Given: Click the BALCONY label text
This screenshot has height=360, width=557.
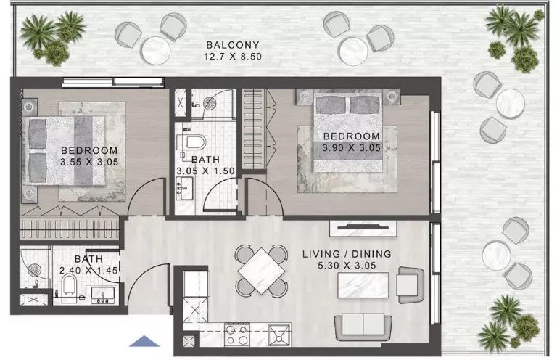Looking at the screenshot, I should (x=233, y=44).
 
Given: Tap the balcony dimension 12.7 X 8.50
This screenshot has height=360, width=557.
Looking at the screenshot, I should (x=233, y=55).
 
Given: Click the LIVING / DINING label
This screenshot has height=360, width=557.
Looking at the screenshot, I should (x=347, y=254).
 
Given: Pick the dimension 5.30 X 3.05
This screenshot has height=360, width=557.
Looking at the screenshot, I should (x=347, y=266).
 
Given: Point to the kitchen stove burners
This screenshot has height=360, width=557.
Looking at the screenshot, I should (x=236, y=335).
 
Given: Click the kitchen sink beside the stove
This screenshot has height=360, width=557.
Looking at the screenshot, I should (x=278, y=335).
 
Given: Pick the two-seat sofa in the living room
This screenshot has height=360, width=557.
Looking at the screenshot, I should (x=359, y=324).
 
